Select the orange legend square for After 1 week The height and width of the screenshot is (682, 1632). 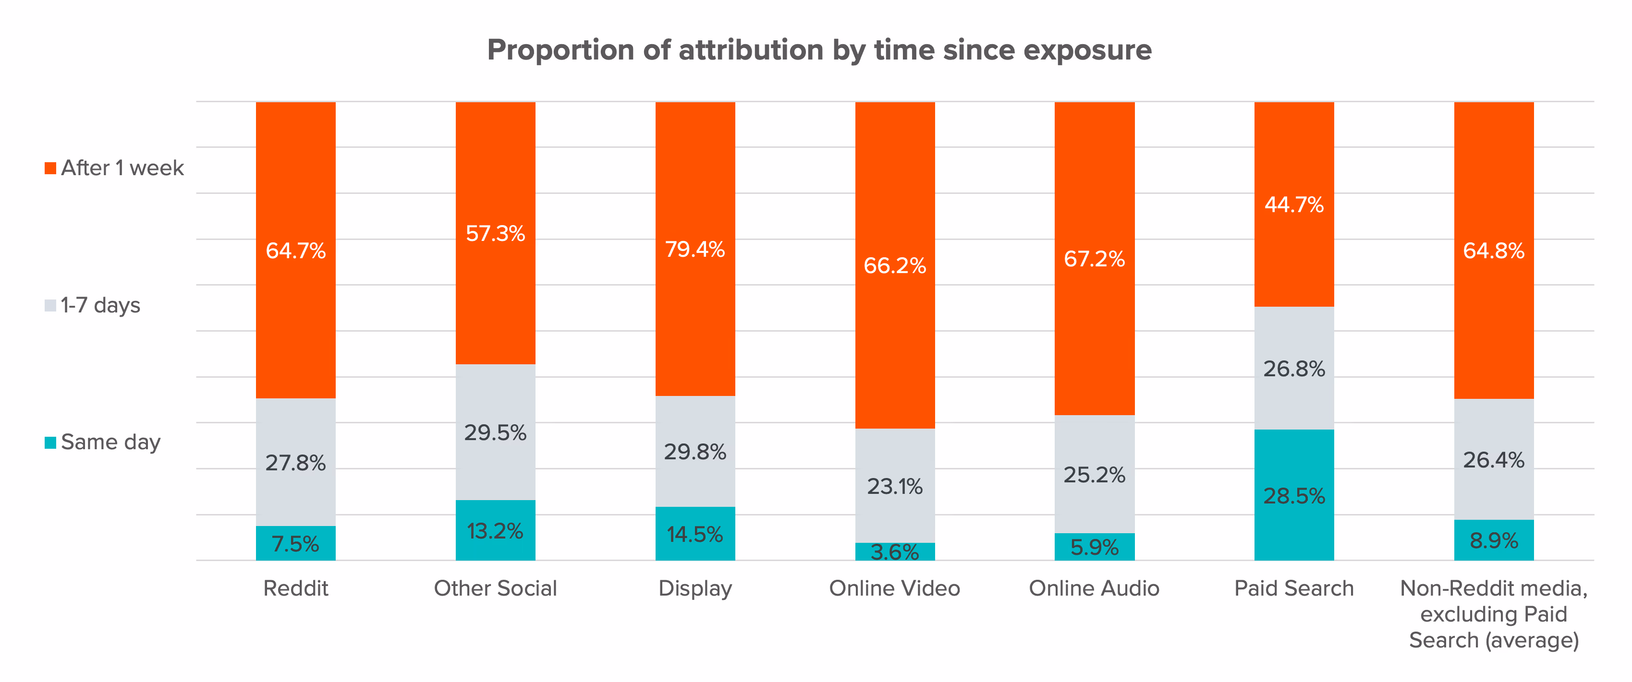[50, 168]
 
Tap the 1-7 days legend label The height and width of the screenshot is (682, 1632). [100, 305]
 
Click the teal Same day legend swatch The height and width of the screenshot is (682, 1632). [50, 443]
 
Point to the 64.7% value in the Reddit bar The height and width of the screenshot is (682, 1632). [295, 251]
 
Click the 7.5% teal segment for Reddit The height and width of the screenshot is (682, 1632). [295, 543]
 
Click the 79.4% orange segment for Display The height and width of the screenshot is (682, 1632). [695, 249]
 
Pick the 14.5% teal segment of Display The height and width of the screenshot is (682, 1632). [695, 534]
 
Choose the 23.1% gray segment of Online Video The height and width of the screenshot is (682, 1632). [895, 486]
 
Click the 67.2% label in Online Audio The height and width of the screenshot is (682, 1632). [1094, 259]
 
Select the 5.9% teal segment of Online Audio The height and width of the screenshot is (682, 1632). [1094, 547]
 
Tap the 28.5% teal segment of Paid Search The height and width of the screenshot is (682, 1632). [1294, 495]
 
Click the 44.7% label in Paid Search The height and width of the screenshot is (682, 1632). [1294, 204]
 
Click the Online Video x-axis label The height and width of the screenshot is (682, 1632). [895, 588]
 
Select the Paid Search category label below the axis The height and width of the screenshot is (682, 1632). [1294, 588]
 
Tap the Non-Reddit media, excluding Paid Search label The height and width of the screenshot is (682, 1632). [1493, 614]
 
